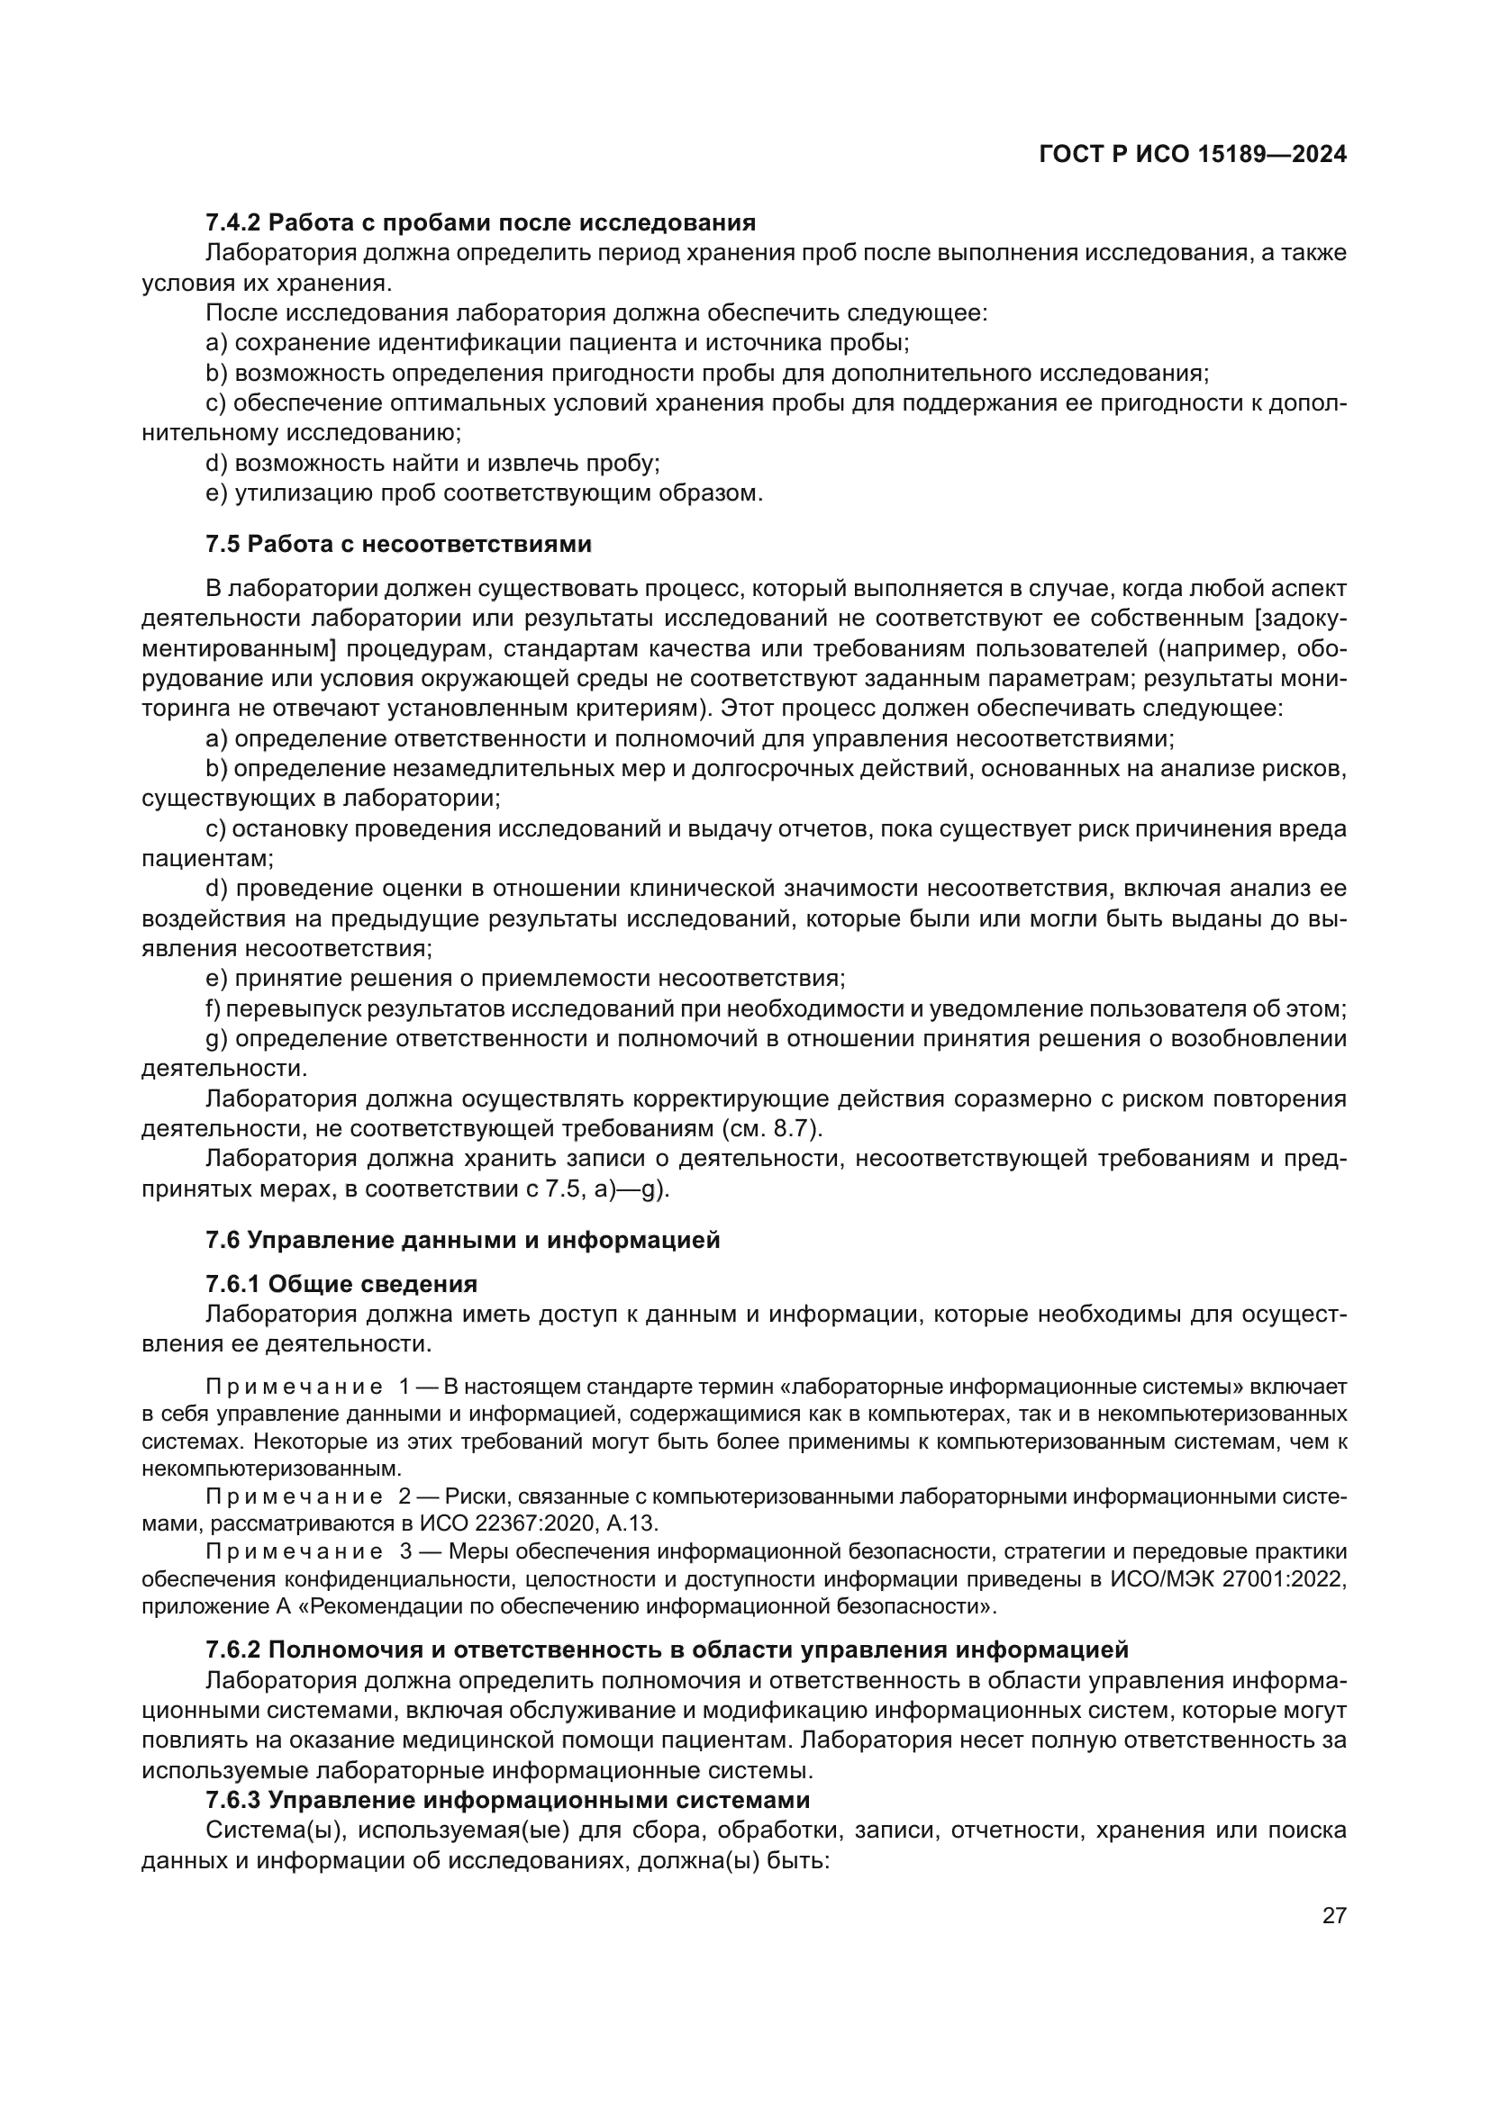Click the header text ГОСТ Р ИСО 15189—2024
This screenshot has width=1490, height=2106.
(x=1192, y=155)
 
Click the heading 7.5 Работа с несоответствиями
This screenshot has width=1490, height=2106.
(x=398, y=544)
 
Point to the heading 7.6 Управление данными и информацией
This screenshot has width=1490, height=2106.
(x=462, y=1240)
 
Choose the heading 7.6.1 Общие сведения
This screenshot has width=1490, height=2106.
(x=341, y=1284)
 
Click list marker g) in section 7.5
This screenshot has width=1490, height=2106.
(x=216, y=1039)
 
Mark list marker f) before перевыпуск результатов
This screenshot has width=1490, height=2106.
(x=214, y=1009)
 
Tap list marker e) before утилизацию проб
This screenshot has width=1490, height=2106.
(x=216, y=493)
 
